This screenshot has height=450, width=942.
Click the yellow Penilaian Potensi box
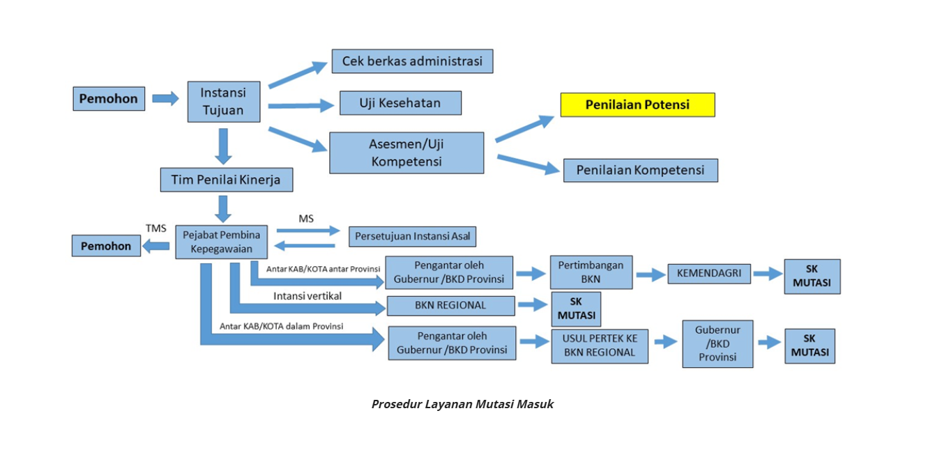637,104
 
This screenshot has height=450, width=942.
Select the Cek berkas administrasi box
412,61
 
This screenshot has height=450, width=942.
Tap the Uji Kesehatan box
400,103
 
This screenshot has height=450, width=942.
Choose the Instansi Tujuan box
223,102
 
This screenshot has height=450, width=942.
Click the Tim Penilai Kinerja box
226,180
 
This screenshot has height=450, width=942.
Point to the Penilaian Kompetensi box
640,170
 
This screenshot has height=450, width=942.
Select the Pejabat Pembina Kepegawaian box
221,242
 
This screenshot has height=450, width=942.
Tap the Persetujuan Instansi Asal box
413,236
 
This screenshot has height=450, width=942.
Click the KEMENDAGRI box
709,274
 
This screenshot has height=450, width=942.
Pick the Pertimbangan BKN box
591,272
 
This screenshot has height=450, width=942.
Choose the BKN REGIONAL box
450,305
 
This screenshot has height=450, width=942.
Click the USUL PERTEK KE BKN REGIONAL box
600,346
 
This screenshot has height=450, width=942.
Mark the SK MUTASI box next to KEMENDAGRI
812,277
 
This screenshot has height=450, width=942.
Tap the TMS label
155,228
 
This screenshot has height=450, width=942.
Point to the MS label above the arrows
306,219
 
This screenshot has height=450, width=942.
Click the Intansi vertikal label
307,296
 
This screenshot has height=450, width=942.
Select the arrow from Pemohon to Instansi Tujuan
166,98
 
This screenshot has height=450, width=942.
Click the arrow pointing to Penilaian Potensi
524,129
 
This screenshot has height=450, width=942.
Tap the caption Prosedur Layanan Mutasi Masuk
462,404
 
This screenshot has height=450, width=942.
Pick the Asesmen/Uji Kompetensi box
407,153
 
